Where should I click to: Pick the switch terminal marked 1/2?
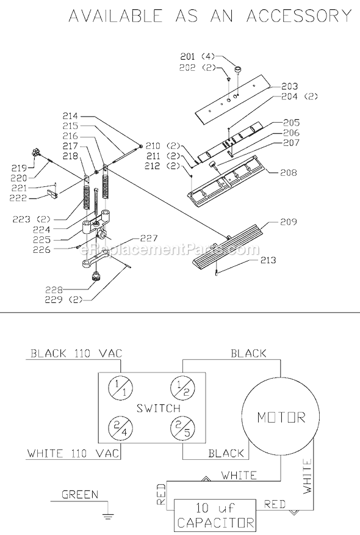click(183, 387)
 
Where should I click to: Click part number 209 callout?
click(289, 223)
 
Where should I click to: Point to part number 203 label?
click(290, 86)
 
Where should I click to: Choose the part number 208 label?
click(289, 173)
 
